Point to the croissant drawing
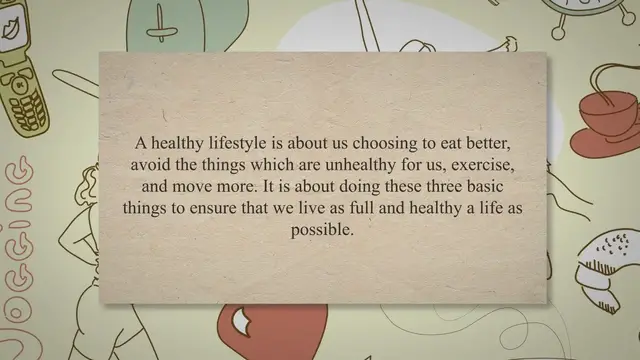click(600, 265)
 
